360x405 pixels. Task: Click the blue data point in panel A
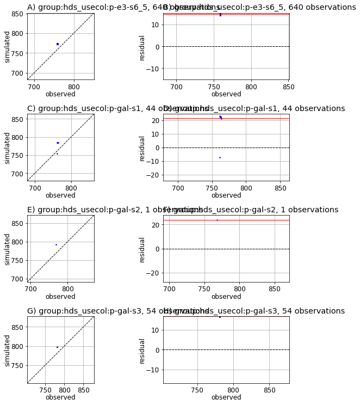pyautogui.click(x=57, y=44)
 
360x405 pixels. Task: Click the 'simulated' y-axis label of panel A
pyautogui.click(x=8, y=46)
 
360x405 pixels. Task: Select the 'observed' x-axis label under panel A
pyautogui.click(x=60, y=94)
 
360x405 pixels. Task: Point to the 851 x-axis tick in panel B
pyautogui.click(x=288, y=87)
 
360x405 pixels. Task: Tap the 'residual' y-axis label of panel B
pyautogui.click(x=142, y=47)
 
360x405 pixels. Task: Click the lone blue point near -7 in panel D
pyautogui.click(x=220, y=157)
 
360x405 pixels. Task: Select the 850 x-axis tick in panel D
pyautogui.click(x=281, y=188)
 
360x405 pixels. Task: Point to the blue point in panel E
pyautogui.click(x=56, y=244)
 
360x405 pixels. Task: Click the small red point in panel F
pyautogui.click(x=217, y=220)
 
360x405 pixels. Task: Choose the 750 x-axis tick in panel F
pyautogui.click(x=204, y=289)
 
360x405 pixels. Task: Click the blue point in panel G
pyautogui.click(x=57, y=347)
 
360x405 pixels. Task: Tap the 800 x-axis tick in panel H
pyautogui.click(x=233, y=390)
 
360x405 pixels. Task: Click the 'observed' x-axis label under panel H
pyautogui.click(x=226, y=397)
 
